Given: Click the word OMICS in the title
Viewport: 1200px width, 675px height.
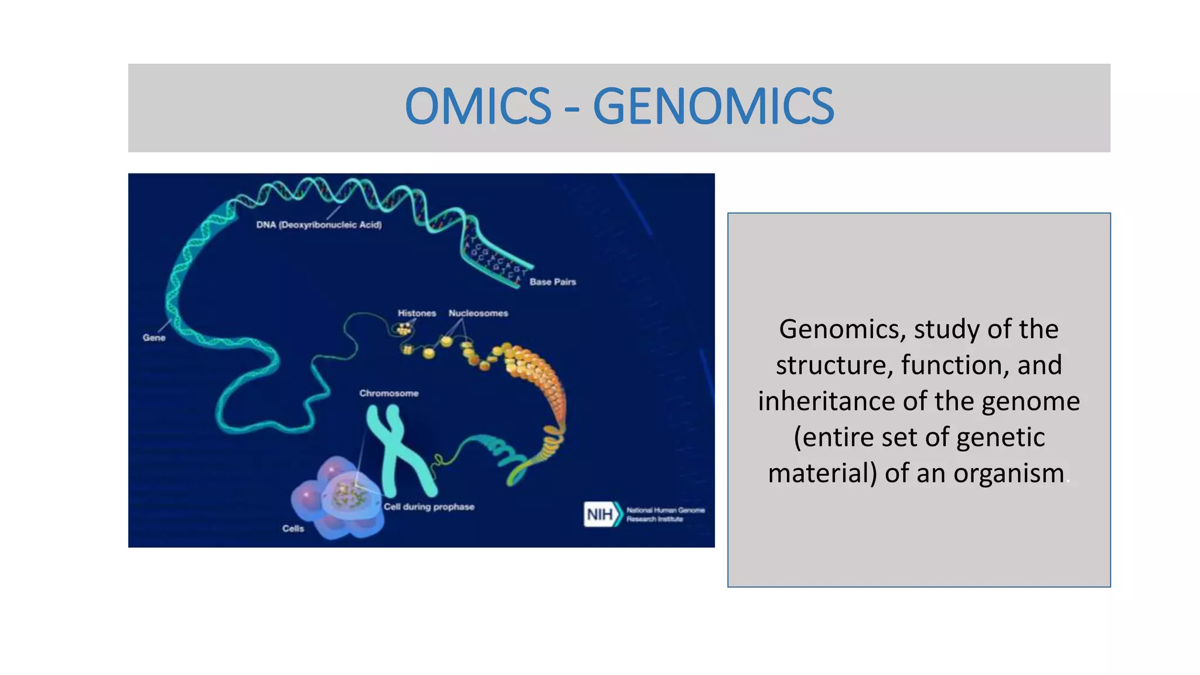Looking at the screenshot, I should click(478, 107).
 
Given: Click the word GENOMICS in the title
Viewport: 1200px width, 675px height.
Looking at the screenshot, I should click(713, 107).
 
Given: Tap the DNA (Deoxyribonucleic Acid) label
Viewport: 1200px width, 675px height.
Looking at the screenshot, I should click(319, 225).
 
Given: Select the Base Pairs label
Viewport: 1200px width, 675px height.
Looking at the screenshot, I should click(553, 282).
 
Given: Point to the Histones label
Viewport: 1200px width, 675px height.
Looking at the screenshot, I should click(417, 313).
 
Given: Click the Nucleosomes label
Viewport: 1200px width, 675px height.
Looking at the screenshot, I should click(478, 313).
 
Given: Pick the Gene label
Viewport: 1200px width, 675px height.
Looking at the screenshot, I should click(154, 338).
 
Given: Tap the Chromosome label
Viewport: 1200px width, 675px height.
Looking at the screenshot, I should click(388, 393).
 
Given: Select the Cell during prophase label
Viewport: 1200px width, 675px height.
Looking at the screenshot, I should click(429, 507).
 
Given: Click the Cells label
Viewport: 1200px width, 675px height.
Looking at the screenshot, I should click(293, 529).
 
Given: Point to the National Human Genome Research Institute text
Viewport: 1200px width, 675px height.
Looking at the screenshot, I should click(665, 514).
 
